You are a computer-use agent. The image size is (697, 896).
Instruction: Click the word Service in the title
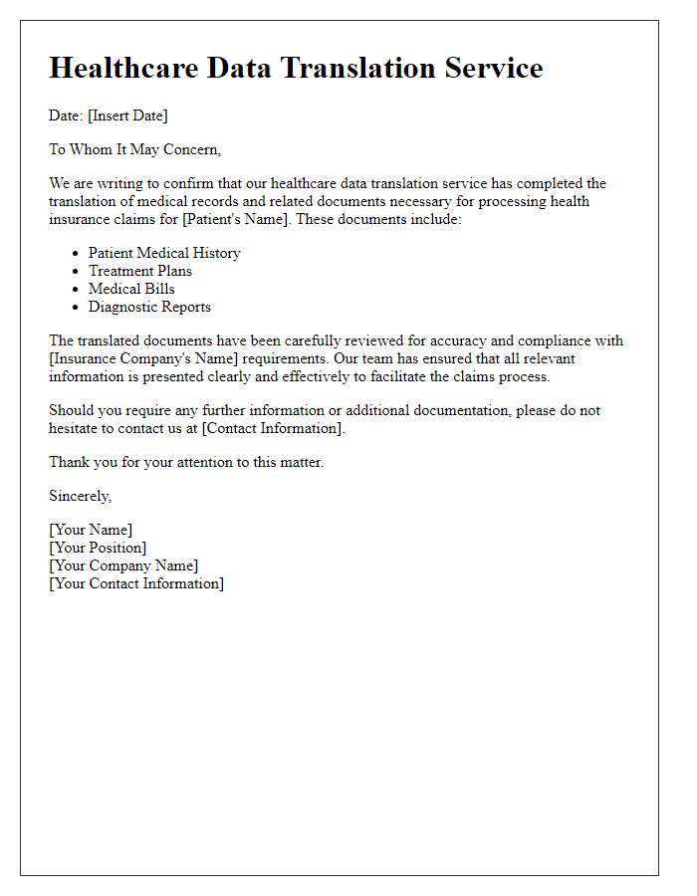[x=492, y=68]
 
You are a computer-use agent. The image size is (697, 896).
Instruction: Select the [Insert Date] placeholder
[x=127, y=115]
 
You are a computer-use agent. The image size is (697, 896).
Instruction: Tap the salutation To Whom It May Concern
[x=134, y=149]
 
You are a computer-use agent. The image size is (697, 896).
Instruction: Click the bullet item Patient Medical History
[x=164, y=253]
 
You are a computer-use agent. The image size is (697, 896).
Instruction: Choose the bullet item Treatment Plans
[x=140, y=271]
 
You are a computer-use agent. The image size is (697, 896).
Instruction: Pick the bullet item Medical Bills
[x=131, y=289]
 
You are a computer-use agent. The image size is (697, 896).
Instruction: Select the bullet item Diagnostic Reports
[x=149, y=307]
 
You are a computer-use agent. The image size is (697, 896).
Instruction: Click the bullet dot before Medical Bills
[x=77, y=290]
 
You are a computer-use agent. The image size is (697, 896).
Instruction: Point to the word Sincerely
[x=81, y=496]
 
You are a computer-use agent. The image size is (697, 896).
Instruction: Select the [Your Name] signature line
[x=91, y=530]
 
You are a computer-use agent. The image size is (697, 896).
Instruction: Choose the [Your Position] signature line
[x=98, y=548]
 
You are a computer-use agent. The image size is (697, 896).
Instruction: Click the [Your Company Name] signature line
[x=123, y=565]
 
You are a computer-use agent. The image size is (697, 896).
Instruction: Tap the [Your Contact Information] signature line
[x=136, y=583]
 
